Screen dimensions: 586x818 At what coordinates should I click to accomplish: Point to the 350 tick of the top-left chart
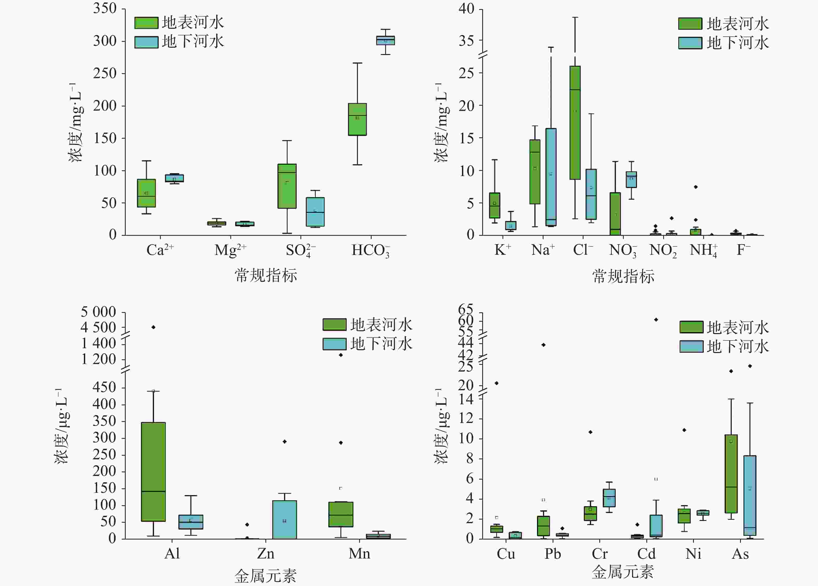(105, 8)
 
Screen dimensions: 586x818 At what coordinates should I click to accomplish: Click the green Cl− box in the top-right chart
(575, 123)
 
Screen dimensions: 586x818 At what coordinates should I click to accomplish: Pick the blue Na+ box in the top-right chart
(551, 177)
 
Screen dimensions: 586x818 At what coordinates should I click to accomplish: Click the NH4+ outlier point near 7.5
(696, 187)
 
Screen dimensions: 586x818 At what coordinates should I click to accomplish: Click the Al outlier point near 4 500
(153, 327)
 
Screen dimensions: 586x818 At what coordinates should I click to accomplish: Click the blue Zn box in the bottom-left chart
(285, 520)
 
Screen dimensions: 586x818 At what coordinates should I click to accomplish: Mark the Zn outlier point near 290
(285, 441)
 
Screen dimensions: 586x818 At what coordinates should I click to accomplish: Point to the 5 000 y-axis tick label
(98, 312)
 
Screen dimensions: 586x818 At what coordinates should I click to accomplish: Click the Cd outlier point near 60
(656, 320)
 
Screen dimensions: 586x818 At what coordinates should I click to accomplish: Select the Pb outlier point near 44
(544, 345)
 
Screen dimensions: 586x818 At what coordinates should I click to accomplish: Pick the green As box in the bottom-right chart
(731, 474)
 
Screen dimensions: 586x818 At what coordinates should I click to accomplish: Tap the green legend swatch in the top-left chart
(146, 23)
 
